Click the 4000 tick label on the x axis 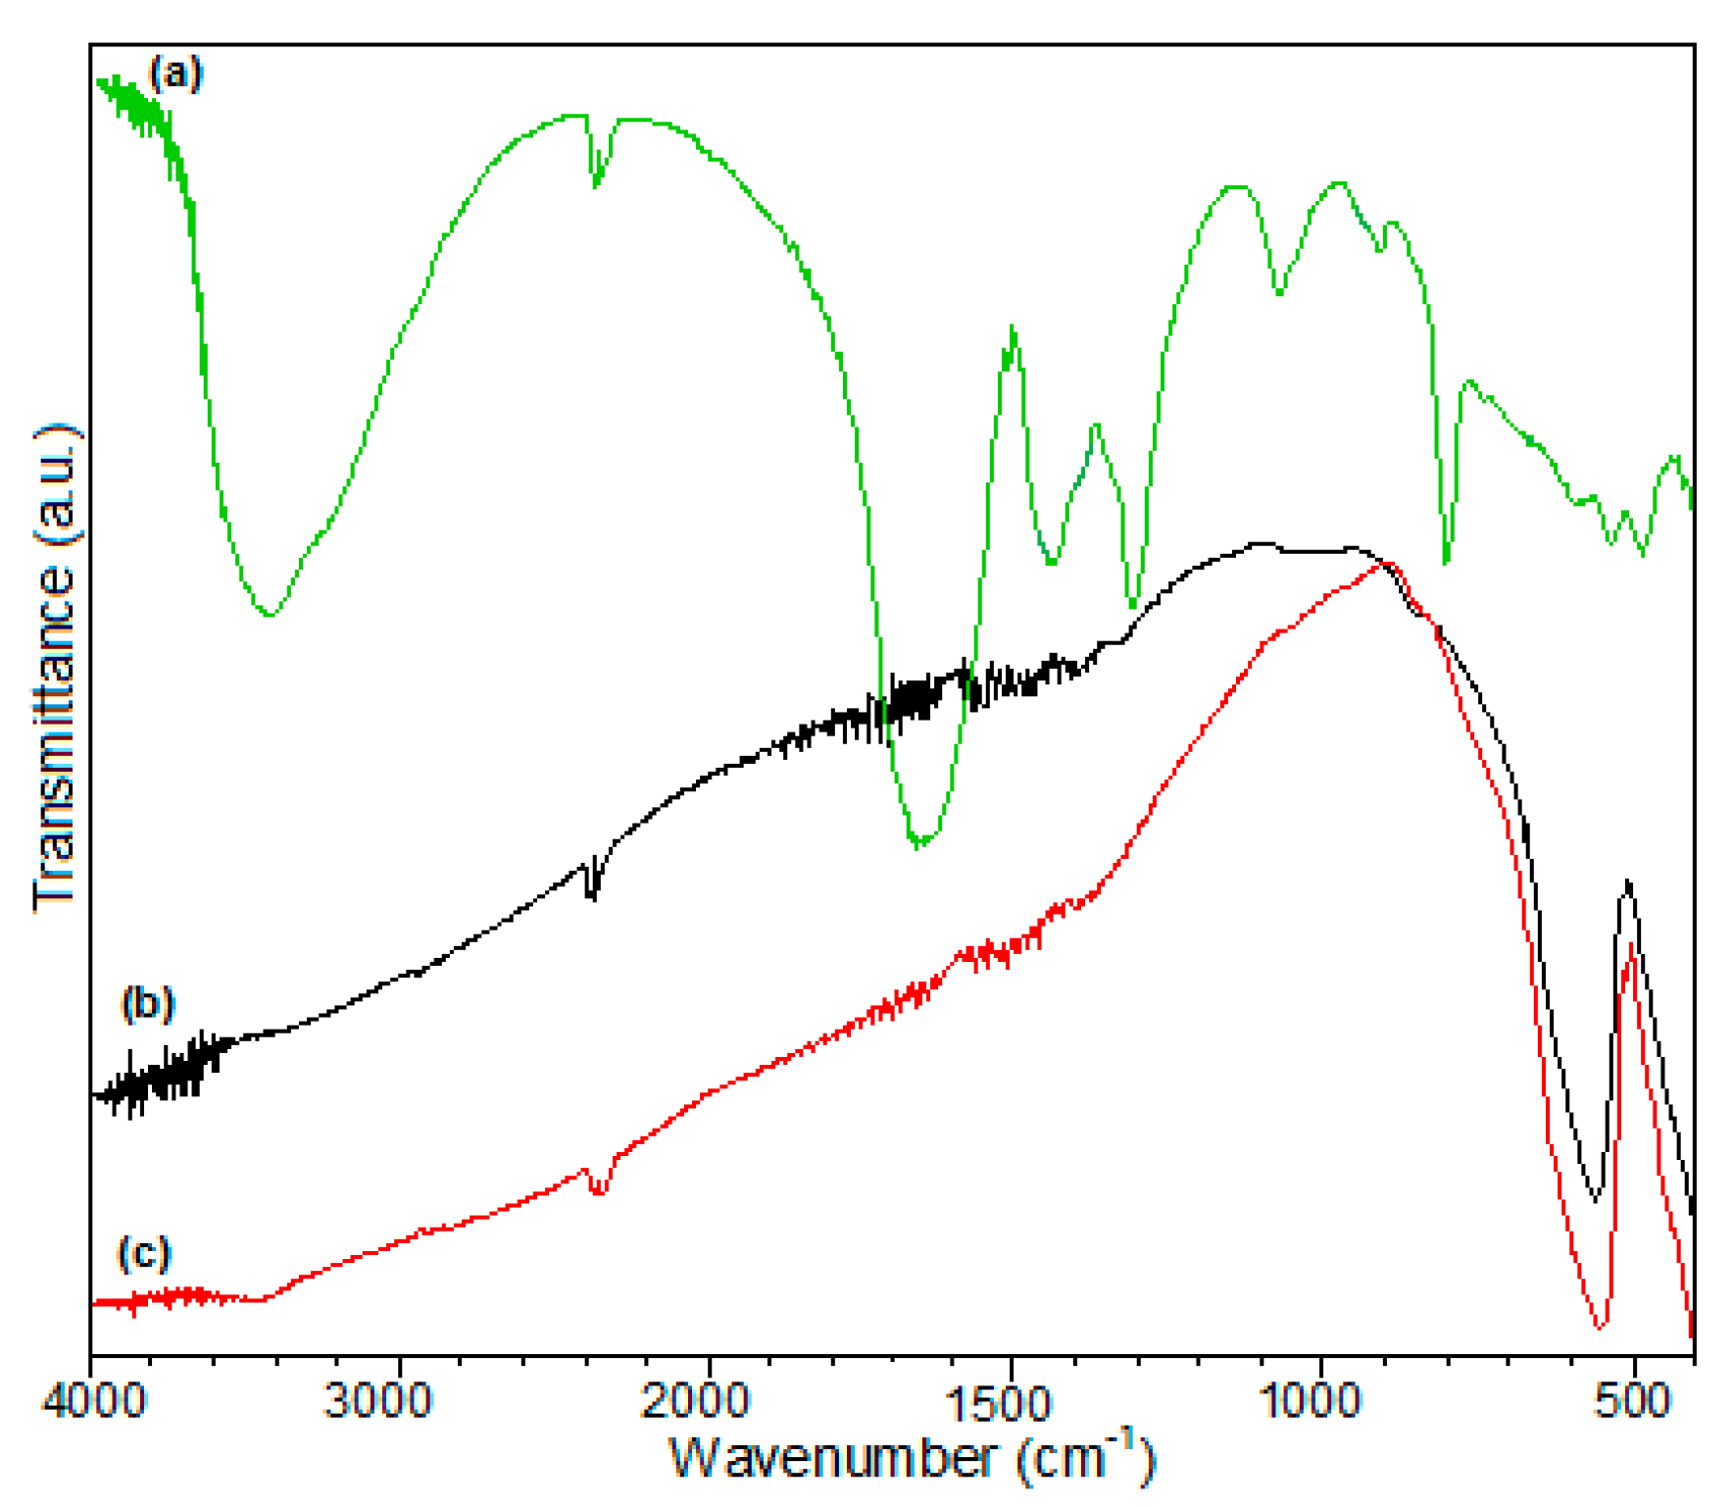pyautogui.click(x=93, y=1400)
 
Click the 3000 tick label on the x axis pyautogui.click(x=377, y=1400)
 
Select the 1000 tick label pyautogui.click(x=1311, y=1400)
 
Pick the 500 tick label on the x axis pyautogui.click(x=1632, y=1400)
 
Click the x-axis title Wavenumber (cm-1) pyautogui.click(x=912, y=1457)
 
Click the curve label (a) pyautogui.click(x=175, y=73)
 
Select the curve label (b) pyautogui.click(x=148, y=1004)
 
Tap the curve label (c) pyautogui.click(x=144, y=1253)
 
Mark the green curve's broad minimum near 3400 pyautogui.click(x=271, y=614)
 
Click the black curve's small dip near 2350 pyautogui.click(x=591, y=894)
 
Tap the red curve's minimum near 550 pyautogui.click(x=1599, y=1328)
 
